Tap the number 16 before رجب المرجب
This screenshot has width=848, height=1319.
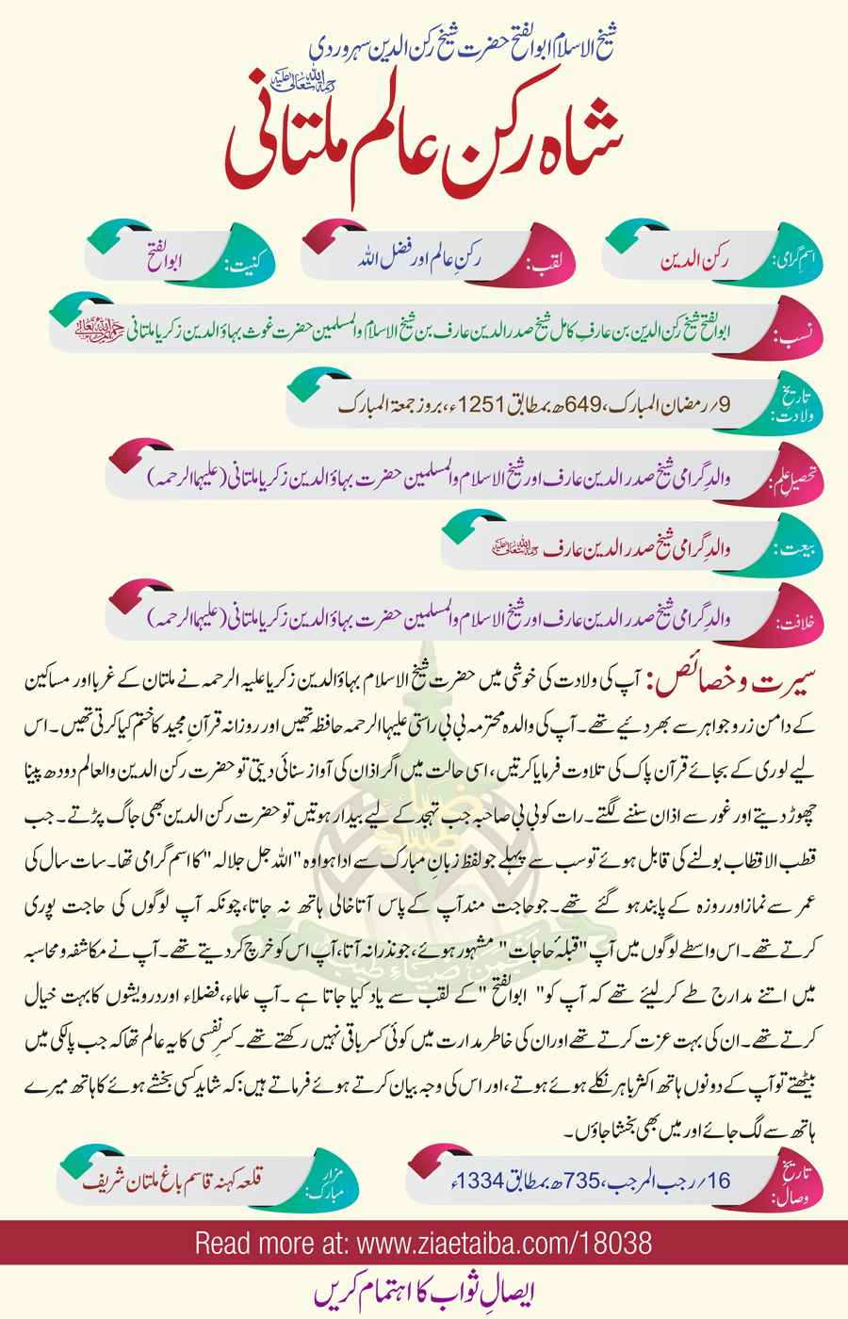pyautogui.click(x=718, y=1181)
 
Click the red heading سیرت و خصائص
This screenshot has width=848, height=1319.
pyautogui.click(x=736, y=681)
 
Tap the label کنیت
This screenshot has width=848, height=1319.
pyautogui.click(x=249, y=258)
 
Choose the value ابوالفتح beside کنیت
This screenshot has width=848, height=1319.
pyautogui.click(x=171, y=257)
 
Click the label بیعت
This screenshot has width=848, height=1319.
pyautogui.click(x=793, y=549)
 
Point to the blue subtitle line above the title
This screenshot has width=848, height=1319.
pyautogui.click(x=462, y=45)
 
